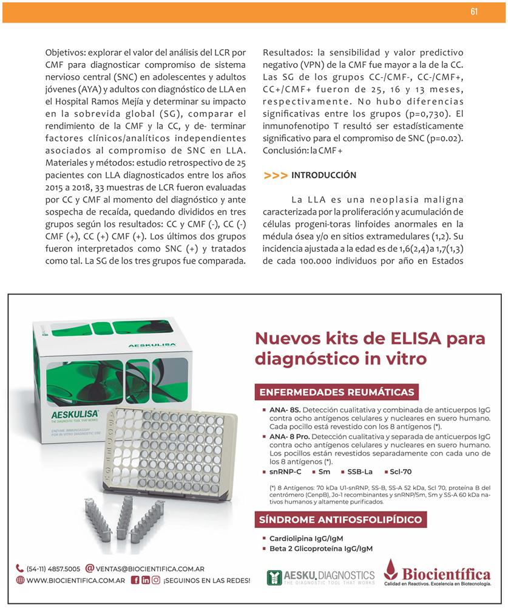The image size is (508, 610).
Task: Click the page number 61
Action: [474, 12]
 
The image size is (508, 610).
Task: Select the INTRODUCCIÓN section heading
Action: [323, 176]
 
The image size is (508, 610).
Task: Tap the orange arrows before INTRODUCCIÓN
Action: [276, 176]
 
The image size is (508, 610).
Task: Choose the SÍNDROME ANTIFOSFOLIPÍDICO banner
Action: [340, 519]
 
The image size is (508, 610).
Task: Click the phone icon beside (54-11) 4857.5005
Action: [20, 569]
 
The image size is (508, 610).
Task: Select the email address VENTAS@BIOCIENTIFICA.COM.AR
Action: [150, 569]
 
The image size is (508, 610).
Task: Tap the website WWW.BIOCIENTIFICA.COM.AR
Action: [76, 580]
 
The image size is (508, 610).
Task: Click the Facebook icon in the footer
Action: [135, 580]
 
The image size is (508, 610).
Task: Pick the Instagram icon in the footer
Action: [156, 580]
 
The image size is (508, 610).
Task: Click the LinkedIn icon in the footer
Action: [146, 580]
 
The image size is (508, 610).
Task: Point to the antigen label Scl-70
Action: [401, 471]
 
